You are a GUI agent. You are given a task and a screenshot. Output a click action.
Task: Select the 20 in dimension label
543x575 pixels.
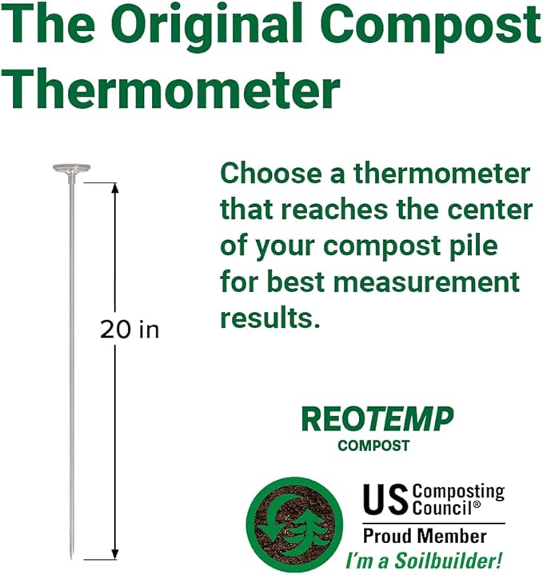(x=130, y=329)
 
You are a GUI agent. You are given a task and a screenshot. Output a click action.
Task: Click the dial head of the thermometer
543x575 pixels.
(x=70, y=168)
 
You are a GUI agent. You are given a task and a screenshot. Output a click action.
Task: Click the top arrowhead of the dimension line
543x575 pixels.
(x=115, y=189)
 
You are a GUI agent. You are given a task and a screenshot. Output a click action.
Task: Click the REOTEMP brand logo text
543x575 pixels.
(x=377, y=419)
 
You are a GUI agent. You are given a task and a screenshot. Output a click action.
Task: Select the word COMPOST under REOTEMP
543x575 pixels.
(x=373, y=445)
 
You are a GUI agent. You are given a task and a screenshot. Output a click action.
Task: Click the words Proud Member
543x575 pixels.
(x=425, y=535)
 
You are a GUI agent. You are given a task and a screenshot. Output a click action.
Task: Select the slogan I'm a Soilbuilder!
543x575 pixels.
(x=423, y=561)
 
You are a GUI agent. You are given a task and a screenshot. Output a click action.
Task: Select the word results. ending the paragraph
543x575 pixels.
(x=270, y=317)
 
